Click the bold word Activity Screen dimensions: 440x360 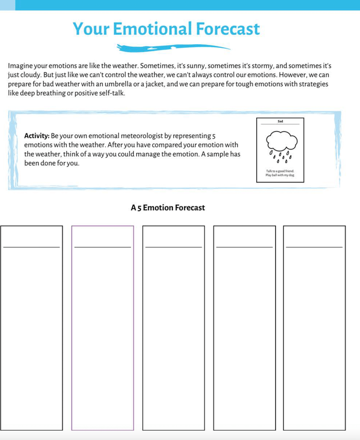pyautogui.click(x=37, y=136)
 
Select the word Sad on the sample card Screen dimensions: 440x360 pyautogui.click(x=280, y=121)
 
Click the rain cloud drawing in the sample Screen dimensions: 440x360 pyautogui.click(x=281, y=140)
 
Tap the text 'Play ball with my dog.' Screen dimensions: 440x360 pyautogui.click(x=280, y=175)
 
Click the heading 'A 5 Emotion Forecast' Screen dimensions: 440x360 pyautogui.click(x=168, y=208)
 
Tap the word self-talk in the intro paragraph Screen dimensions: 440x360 pyautogui.click(x=113, y=94)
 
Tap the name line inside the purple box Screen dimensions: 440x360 pyautogui.click(x=102, y=247)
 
